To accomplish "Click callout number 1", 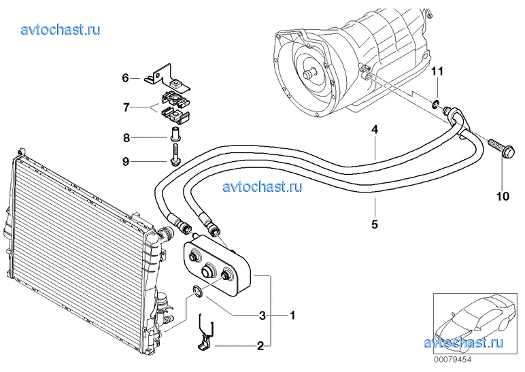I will (292, 316).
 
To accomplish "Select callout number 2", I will (260, 346).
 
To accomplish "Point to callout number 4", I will (374, 129).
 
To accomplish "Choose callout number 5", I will (374, 222).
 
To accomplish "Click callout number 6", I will (126, 78).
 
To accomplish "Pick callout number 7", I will (126, 107).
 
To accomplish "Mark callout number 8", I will (126, 138).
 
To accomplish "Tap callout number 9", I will (126, 161).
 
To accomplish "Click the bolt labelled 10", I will (501, 149).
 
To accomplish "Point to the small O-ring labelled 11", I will (434, 104).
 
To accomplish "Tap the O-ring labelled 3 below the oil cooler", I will (196, 292).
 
